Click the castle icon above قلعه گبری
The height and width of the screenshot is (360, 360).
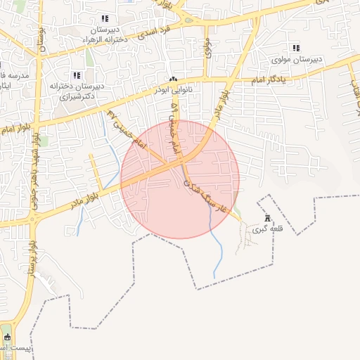point(266,217)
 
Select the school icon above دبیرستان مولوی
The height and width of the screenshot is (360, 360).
point(296,48)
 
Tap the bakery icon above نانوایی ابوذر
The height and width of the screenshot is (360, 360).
point(174,79)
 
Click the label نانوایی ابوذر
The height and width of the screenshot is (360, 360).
point(174,91)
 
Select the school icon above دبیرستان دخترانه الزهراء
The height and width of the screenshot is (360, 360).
point(105,19)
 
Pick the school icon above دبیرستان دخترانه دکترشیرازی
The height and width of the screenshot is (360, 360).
point(77,75)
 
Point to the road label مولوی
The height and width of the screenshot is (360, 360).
point(209,47)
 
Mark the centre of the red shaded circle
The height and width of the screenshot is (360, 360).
point(180,179)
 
